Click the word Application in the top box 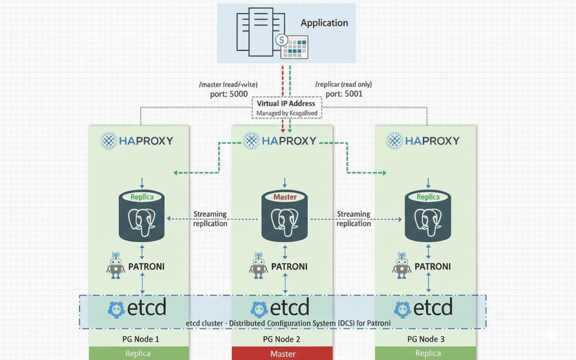[324, 23]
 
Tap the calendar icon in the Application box [294, 46]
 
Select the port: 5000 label [229, 94]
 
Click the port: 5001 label [344, 94]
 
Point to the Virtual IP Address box [286, 108]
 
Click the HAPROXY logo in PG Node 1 [137, 141]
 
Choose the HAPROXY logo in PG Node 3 [423, 141]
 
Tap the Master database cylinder [285, 216]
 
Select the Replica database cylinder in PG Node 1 [142, 216]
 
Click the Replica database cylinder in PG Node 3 [428, 216]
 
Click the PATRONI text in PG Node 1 [146, 266]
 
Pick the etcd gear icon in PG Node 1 [117, 309]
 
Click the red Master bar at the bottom [282, 354]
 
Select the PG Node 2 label [282, 339]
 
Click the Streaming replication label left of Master [210, 219]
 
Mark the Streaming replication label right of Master [354, 219]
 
